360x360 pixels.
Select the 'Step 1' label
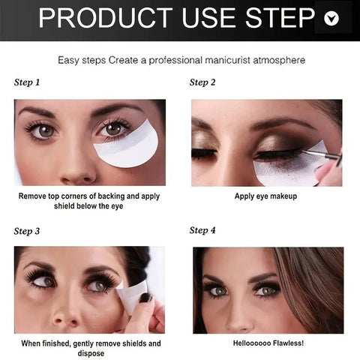coord(28,82)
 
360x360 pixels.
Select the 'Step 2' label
coord(202,82)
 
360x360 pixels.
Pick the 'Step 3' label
coord(28,231)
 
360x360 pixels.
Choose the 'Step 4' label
coord(202,230)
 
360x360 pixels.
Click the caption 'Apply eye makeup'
coord(266,196)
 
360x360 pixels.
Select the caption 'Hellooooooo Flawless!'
coord(267,343)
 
